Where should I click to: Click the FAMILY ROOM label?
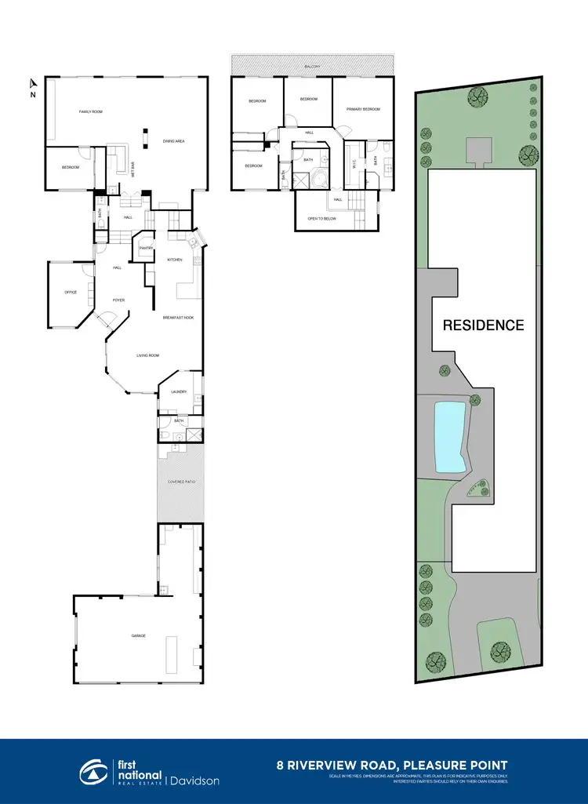(x=91, y=112)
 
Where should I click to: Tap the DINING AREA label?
(x=173, y=141)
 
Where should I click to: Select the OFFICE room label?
(x=71, y=293)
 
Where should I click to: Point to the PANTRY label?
(x=145, y=248)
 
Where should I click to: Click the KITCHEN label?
(x=174, y=260)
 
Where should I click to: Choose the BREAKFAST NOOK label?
(x=178, y=318)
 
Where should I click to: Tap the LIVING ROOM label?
(x=148, y=356)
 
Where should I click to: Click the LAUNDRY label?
(x=178, y=391)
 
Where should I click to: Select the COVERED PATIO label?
(x=181, y=482)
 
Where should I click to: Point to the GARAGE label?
(x=138, y=636)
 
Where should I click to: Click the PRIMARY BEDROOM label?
(x=363, y=109)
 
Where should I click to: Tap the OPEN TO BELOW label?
(x=322, y=218)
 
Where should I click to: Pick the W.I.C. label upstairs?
(x=354, y=164)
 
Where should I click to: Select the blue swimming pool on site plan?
(x=448, y=437)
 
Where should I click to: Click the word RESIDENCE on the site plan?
(x=483, y=325)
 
